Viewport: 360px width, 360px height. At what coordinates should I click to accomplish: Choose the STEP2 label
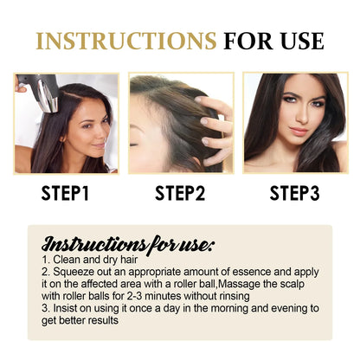[x=180, y=192]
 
